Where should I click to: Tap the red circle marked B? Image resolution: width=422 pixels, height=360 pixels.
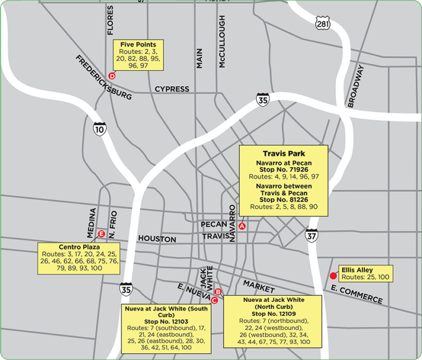218,292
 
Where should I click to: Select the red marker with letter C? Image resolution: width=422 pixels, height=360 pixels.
214,300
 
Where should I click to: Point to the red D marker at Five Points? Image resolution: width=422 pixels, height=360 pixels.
112,76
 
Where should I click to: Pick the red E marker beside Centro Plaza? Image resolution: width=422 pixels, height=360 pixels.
101,235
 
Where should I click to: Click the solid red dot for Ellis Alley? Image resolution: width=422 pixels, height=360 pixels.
332,276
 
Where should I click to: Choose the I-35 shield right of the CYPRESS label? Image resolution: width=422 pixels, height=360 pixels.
262,100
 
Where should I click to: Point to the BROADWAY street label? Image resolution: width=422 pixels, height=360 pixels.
356,86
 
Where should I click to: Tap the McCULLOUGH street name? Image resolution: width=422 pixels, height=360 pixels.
222,42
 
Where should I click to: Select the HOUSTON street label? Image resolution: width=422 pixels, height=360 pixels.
157,239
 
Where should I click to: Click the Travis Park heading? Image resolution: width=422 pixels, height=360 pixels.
284,153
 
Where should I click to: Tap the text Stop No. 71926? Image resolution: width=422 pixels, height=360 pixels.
284,170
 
